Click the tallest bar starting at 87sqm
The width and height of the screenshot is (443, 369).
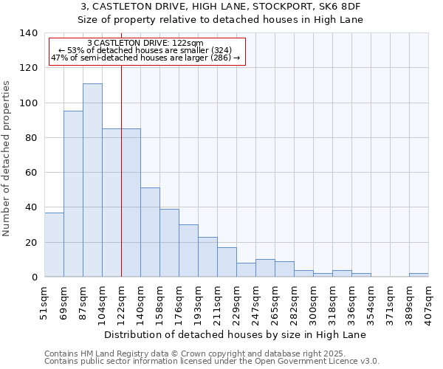click(x=92, y=180)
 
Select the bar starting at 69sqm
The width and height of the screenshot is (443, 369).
click(x=73, y=193)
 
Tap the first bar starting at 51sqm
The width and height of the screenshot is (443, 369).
click(x=54, y=244)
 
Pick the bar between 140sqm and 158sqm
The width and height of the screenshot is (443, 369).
click(x=150, y=232)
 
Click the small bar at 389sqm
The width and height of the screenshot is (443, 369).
click(x=419, y=275)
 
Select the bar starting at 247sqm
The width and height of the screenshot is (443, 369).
click(x=265, y=268)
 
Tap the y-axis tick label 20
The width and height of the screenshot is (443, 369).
click(x=32, y=242)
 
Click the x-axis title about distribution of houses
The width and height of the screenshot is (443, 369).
click(x=236, y=334)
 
